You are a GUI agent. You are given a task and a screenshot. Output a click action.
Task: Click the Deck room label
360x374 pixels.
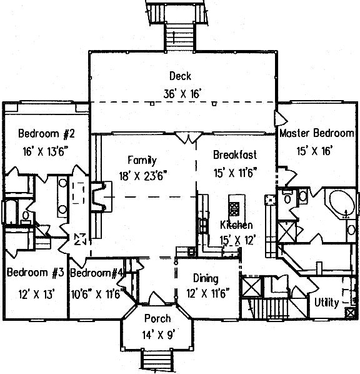click(x=180, y=76)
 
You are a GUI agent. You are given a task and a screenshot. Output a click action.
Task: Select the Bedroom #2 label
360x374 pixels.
click(x=46, y=133)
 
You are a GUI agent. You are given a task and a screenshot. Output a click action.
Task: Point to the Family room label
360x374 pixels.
click(x=142, y=161)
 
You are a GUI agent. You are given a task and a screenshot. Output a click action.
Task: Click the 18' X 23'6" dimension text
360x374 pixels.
click(x=142, y=176)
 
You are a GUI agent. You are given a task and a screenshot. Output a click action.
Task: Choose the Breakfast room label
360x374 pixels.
click(x=235, y=155)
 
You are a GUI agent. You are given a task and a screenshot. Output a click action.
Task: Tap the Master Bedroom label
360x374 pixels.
click(x=317, y=133)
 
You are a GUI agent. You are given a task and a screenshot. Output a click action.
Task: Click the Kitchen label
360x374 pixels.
click(x=236, y=225)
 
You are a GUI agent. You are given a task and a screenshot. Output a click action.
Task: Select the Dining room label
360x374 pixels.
click(x=206, y=279)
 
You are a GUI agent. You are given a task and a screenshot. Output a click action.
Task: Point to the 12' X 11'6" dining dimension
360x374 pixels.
click(x=208, y=293)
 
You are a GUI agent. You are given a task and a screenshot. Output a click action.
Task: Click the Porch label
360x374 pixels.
click(x=157, y=319)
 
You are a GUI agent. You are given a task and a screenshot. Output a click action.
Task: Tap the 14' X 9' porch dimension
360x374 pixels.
click(x=159, y=335)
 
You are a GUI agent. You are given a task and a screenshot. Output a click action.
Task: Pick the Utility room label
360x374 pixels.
click(x=326, y=303)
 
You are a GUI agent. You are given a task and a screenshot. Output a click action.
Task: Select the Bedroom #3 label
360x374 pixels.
click(x=36, y=273)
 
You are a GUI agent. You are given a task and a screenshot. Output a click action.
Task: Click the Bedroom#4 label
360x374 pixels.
click(x=97, y=273)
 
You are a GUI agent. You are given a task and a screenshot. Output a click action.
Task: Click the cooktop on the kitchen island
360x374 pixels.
click(x=234, y=209)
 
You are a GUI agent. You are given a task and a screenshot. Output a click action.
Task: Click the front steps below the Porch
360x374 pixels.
click(x=157, y=360)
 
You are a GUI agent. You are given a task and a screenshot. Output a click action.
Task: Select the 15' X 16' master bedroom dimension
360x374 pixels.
click(x=315, y=151)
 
